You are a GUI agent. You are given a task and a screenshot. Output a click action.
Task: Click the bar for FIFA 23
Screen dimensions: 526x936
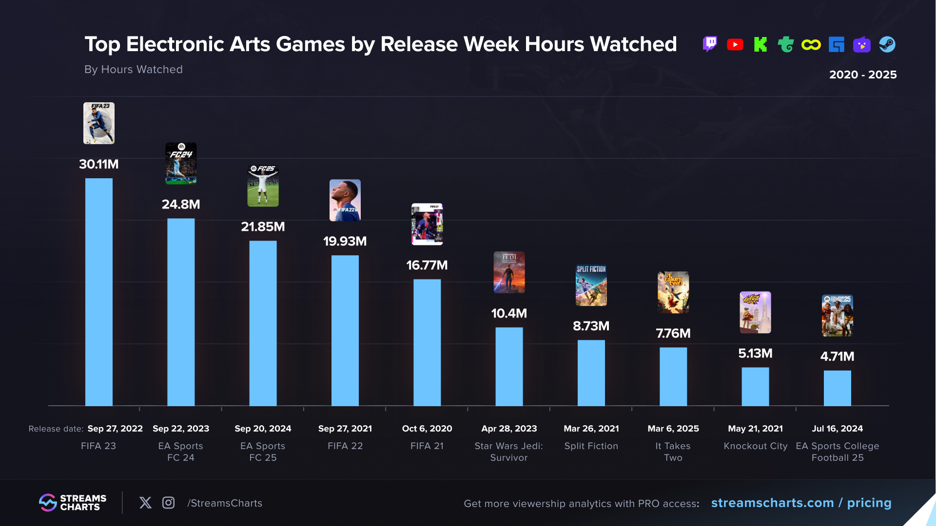[98, 292]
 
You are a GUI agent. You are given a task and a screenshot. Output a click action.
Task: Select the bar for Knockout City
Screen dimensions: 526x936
[755, 387]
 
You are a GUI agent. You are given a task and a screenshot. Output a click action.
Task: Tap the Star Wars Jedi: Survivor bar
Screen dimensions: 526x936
[509, 366]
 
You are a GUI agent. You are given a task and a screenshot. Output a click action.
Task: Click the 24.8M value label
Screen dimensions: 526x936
[181, 205]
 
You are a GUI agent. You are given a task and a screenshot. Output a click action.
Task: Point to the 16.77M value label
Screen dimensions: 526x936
[427, 265]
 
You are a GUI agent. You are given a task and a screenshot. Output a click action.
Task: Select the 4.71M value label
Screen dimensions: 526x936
[837, 357]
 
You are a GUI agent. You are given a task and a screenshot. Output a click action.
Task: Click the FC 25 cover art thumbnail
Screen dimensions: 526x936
[263, 186]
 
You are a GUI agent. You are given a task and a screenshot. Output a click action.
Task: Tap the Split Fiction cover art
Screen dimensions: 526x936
[591, 285]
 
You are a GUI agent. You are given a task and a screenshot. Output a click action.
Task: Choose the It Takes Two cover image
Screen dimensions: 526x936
[673, 292]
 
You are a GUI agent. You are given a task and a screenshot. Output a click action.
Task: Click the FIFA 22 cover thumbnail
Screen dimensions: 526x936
[345, 200]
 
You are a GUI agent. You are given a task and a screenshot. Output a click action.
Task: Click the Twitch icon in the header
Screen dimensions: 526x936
[710, 44]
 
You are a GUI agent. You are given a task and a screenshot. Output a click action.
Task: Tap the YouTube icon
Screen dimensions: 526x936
[735, 45]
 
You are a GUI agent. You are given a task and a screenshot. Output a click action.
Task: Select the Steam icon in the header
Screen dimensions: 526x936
[887, 45]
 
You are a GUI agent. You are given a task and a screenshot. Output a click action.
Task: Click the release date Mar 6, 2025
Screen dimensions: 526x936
[673, 429]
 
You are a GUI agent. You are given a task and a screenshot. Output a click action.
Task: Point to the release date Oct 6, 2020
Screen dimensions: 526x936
[427, 429]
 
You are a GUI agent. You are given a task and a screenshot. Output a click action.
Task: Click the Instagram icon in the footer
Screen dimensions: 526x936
[168, 503]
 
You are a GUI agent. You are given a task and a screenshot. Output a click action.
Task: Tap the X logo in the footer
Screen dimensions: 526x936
[145, 503]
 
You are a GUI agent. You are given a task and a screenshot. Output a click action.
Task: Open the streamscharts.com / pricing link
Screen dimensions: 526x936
[801, 503]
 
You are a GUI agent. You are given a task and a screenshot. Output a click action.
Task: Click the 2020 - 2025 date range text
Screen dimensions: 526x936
[863, 75]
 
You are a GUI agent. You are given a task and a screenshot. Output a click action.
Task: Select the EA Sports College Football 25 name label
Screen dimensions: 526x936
[837, 452]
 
